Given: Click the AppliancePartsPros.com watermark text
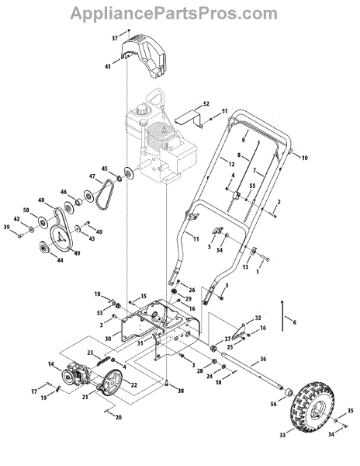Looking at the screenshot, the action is (174, 13).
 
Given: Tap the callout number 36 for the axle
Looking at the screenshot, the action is (263, 359).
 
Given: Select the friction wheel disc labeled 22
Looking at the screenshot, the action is (111, 381).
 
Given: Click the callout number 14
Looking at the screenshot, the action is (51, 363).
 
